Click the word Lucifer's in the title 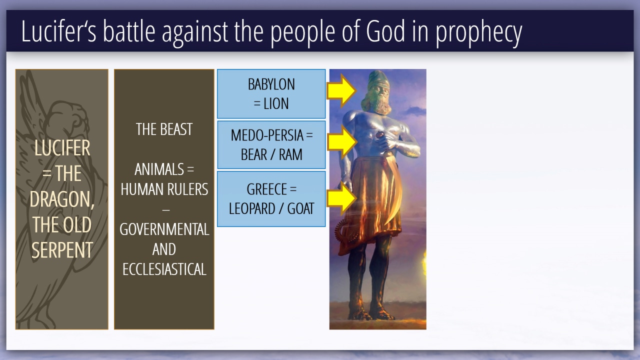pos(59,31)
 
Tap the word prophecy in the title pos(479,33)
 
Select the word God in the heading pos(385,31)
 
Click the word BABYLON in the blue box pos(271,84)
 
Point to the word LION pos(276,103)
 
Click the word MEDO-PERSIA pos(267,135)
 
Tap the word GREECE pos(266,189)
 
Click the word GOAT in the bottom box pos(300,208)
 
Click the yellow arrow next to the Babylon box pos(341,91)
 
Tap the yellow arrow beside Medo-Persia pos(342,141)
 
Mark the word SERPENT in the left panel pos(62,250)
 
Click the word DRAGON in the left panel pos(61,199)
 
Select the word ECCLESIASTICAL pos(164,269)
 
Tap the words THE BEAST pos(164,129)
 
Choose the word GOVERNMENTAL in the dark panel pos(164,229)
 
